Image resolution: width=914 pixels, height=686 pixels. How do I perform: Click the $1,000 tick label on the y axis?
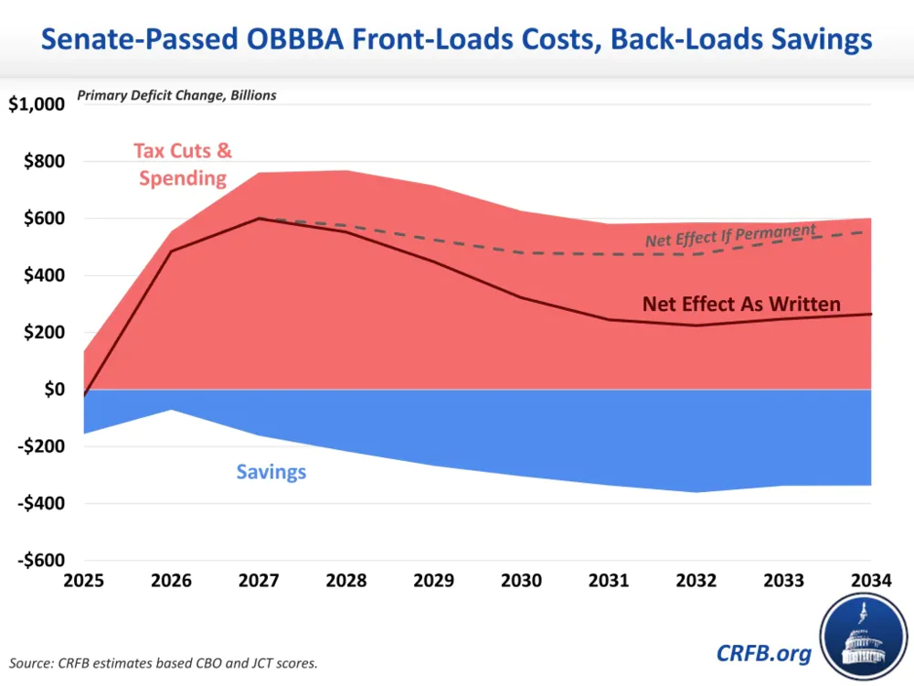tap(37, 104)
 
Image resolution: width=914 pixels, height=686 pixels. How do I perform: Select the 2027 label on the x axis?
tap(260, 581)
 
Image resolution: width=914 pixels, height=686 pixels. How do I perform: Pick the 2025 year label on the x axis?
tap(84, 581)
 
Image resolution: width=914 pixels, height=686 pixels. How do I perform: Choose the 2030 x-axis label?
tap(521, 581)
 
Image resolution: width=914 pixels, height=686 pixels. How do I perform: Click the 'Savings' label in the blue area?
tap(271, 472)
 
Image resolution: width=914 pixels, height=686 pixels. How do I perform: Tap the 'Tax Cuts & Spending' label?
tap(183, 164)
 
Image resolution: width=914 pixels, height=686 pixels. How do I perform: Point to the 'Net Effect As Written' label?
tap(741, 304)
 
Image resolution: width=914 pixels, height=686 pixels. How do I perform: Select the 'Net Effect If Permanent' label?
tap(730, 235)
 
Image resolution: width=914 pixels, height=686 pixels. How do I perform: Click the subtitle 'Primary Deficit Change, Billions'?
tap(176, 95)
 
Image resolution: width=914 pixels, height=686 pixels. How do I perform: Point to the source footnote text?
tap(164, 662)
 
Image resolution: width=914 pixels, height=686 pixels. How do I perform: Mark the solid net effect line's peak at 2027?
tap(260, 218)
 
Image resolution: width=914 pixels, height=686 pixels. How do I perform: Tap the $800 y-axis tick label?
tap(43, 162)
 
